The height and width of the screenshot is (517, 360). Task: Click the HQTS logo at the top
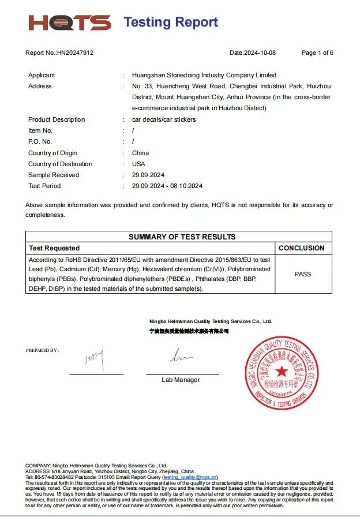[x=70, y=23]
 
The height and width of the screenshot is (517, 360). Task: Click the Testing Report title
[x=171, y=23]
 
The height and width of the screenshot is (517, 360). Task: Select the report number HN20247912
[x=75, y=53]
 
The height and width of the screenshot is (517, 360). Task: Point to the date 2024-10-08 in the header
[x=261, y=53]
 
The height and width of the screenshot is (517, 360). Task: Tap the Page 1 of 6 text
[x=317, y=53]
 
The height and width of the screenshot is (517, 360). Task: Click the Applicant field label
[x=42, y=75]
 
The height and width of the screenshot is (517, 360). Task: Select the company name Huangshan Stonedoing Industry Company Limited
[x=204, y=75]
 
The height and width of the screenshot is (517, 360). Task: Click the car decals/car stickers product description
[x=164, y=119]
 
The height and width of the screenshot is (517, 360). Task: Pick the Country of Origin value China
[x=140, y=153]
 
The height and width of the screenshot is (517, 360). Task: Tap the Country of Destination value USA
[x=138, y=164]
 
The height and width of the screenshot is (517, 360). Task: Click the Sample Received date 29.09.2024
[x=149, y=175]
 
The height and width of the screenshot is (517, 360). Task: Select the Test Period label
[x=44, y=186]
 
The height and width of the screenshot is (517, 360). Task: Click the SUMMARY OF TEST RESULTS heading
[x=182, y=237]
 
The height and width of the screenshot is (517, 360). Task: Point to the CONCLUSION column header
[x=302, y=248]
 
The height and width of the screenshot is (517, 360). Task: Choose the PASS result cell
[x=303, y=274]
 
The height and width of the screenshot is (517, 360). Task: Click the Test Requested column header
[x=54, y=248]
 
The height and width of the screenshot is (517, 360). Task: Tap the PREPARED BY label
[x=42, y=350]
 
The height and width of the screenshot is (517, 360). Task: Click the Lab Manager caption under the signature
[x=181, y=380]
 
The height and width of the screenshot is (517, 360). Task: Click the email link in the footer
[x=190, y=477]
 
